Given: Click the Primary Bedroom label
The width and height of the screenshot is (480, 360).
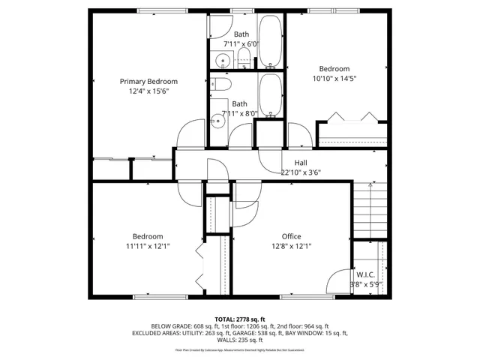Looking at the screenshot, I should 148,81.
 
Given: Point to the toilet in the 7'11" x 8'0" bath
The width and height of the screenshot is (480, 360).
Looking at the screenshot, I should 222,88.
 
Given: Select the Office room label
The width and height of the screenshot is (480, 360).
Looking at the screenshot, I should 291,236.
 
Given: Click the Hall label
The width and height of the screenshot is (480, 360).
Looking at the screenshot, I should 300,163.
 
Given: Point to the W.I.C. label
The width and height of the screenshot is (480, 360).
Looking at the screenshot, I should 366,274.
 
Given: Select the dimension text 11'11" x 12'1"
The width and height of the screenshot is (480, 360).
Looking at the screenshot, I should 148,246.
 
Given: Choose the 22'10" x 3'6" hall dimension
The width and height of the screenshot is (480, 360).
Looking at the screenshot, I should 300,172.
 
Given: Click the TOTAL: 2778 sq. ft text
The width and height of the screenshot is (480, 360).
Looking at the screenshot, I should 239,319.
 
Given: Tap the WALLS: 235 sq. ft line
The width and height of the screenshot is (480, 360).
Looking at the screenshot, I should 239,340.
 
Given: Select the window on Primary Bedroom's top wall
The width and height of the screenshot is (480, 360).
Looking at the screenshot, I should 162,10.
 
